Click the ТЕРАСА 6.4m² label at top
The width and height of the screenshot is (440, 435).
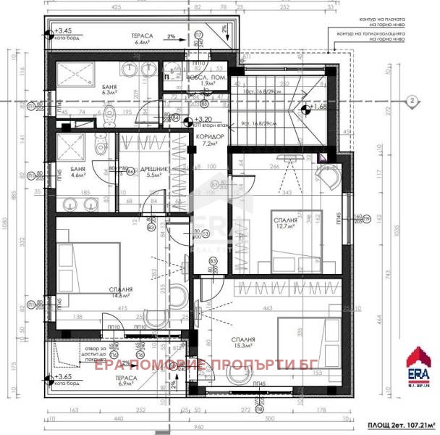pos(140,38)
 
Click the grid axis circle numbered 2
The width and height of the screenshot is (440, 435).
pos(411,101)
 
